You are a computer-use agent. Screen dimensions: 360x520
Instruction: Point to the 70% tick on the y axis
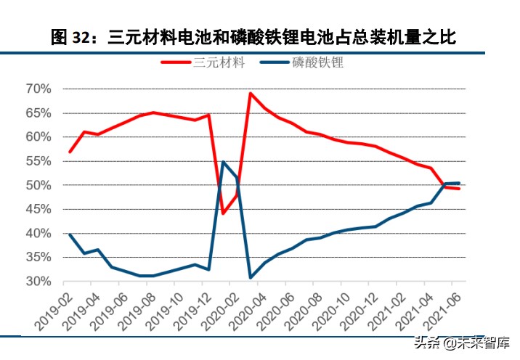click(38, 89)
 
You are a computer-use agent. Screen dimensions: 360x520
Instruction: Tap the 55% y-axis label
click(38, 161)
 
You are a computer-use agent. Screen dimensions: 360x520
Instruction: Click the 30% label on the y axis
click(38, 282)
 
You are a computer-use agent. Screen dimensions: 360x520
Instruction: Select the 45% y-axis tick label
click(38, 209)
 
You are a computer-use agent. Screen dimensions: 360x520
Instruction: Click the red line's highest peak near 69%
click(251, 94)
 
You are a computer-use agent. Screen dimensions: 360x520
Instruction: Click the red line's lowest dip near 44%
click(223, 213)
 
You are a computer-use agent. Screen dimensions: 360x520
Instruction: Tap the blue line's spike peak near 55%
click(223, 162)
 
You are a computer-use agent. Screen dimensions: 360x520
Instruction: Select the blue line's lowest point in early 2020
click(251, 277)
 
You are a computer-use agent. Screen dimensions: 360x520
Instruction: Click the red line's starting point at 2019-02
click(70, 152)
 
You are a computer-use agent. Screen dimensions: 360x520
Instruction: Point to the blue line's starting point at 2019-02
click(70, 234)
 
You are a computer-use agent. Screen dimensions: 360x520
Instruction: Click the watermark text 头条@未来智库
click(462, 343)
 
